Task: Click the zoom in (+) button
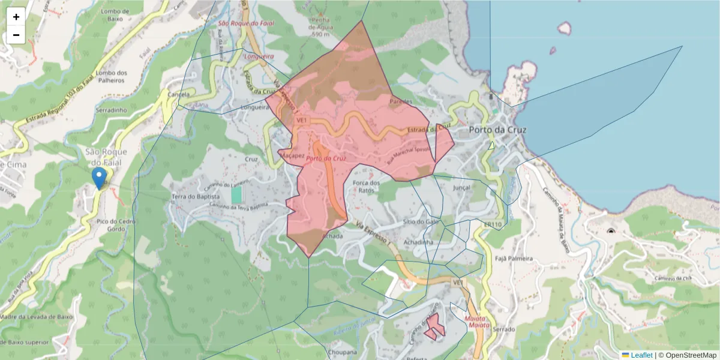(x=16, y=17)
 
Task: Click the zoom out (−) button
(x=16, y=35)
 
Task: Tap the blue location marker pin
(x=99, y=178)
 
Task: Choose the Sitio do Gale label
(x=422, y=221)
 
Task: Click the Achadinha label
(x=418, y=242)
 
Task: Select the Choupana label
(x=343, y=352)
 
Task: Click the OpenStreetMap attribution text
(x=687, y=355)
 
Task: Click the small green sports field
(x=237, y=195)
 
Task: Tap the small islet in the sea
(x=564, y=28)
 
